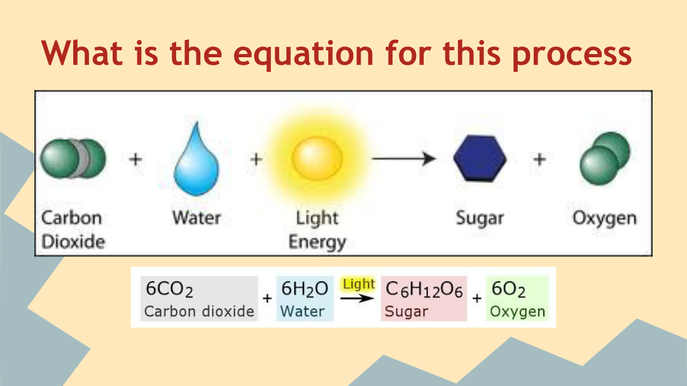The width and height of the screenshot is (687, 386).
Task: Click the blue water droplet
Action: (196, 163)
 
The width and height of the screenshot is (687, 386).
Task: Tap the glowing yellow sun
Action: (317, 158)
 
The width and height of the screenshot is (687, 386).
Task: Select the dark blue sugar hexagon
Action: (480, 158)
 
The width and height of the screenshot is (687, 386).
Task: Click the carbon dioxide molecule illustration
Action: (73, 158)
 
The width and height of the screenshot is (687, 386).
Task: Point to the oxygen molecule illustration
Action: (605, 158)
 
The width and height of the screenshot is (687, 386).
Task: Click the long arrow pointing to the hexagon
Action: (403, 158)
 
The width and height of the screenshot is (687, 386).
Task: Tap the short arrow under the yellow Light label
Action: (357, 298)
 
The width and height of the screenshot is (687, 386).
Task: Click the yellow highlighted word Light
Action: (359, 284)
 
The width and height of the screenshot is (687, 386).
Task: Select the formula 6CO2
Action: (169, 289)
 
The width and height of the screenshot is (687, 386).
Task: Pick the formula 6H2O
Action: (305, 289)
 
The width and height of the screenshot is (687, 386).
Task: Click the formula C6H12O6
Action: (424, 289)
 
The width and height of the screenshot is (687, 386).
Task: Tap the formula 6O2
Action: (508, 289)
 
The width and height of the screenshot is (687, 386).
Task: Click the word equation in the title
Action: (303, 54)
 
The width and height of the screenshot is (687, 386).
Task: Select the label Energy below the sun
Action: (317, 242)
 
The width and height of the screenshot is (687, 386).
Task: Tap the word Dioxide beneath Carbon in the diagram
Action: (73, 242)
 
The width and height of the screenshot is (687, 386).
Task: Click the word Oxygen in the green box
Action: (517, 312)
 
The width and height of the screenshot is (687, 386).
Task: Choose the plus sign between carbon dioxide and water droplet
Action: (136, 159)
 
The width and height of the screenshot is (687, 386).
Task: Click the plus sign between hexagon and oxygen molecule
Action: (540, 159)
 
